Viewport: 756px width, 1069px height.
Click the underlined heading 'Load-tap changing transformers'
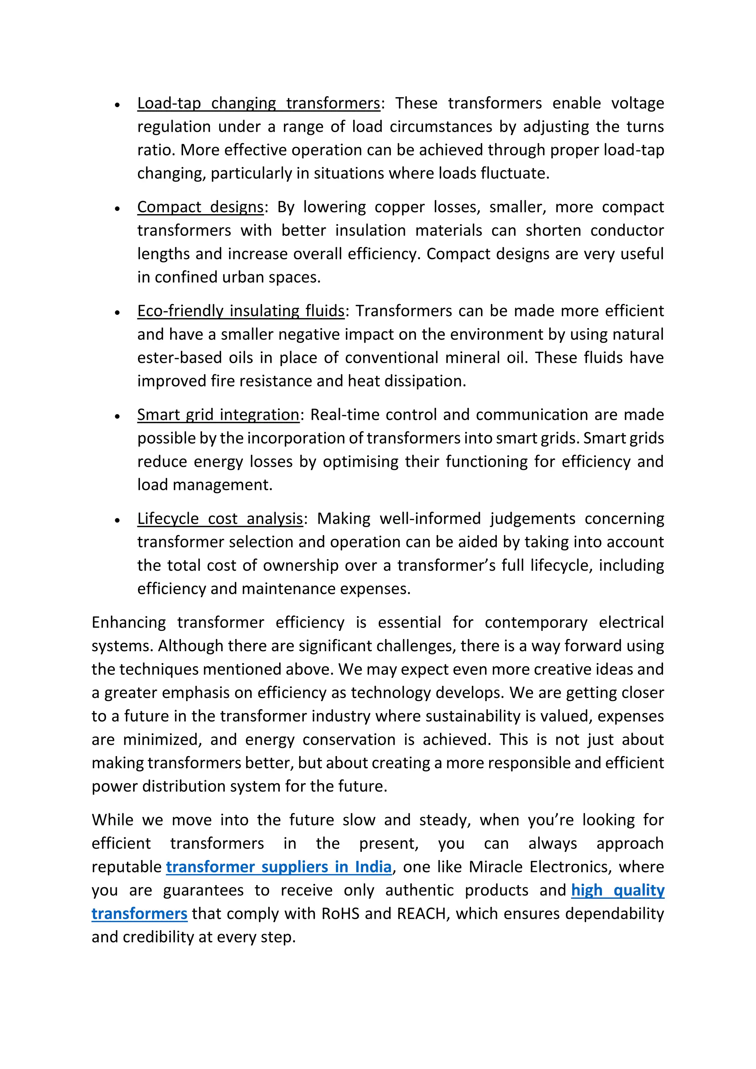(x=258, y=103)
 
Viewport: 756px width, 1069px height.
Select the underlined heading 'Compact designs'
(x=200, y=207)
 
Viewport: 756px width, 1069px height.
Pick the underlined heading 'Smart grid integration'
(x=218, y=415)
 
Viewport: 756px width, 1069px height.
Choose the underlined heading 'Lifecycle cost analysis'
(x=220, y=518)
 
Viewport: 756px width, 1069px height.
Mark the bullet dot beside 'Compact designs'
(x=118, y=209)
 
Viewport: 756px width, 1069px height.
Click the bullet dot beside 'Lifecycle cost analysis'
(x=118, y=520)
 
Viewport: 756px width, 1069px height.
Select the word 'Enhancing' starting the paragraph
(x=128, y=622)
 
